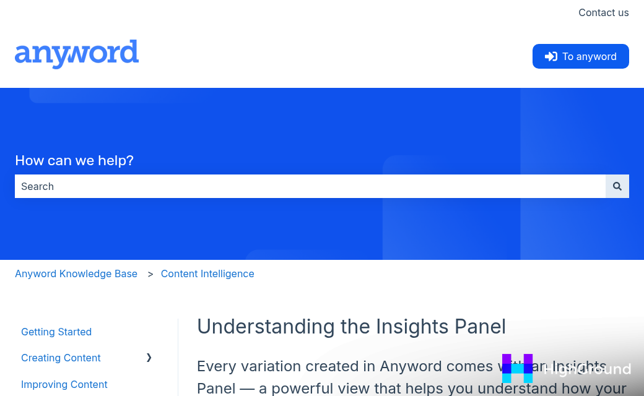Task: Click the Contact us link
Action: (x=603, y=12)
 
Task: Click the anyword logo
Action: (x=77, y=54)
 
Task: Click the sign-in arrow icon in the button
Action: (x=550, y=56)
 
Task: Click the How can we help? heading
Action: (x=74, y=161)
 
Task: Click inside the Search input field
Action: (x=310, y=186)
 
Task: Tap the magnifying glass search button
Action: (x=617, y=186)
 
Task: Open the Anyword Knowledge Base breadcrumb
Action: (x=76, y=273)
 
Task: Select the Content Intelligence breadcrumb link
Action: (x=207, y=273)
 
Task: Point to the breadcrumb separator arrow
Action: (x=150, y=274)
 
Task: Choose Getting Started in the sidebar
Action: (x=56, y=332)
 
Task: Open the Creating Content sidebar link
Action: (x=61, y=358)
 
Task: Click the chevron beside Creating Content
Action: (x=149, y=358)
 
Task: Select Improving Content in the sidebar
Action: (x=64, y=384)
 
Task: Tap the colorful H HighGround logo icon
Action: (x=517, y=369)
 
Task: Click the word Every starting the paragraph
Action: (x=220, y=366)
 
